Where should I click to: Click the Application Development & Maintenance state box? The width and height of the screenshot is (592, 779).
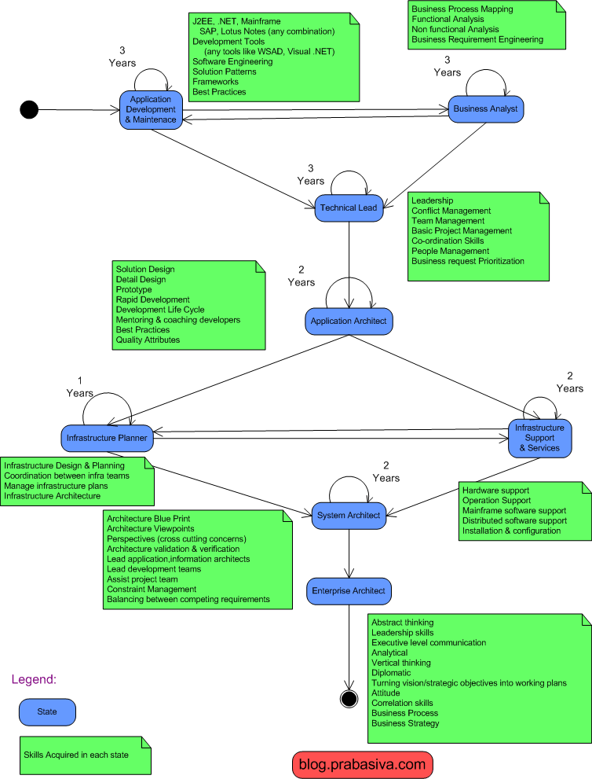click(150, 109)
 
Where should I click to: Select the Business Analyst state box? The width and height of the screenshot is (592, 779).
click(486, 108)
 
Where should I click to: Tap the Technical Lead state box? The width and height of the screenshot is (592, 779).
click(348, 208)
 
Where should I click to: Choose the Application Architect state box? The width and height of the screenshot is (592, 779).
click(348, 321)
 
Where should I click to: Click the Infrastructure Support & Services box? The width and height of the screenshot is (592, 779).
click(540, 438)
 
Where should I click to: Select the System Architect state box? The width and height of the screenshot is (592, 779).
click(349, 516)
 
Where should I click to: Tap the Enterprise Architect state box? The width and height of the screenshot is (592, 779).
click(349, 590)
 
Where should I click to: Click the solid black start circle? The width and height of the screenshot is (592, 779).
click(29, 109)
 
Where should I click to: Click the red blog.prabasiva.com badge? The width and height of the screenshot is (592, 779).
click(362, 763)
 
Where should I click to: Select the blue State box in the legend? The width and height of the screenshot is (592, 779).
click(48, 711)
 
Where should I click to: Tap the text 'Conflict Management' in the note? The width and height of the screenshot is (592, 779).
click(451, 211)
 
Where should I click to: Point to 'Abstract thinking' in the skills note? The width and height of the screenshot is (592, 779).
click(402, 622)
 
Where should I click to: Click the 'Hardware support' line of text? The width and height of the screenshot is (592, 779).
click(496, 491)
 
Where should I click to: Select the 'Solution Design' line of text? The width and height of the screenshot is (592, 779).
click(145, 270)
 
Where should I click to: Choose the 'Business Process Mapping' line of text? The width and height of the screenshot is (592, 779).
click(462, 9)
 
